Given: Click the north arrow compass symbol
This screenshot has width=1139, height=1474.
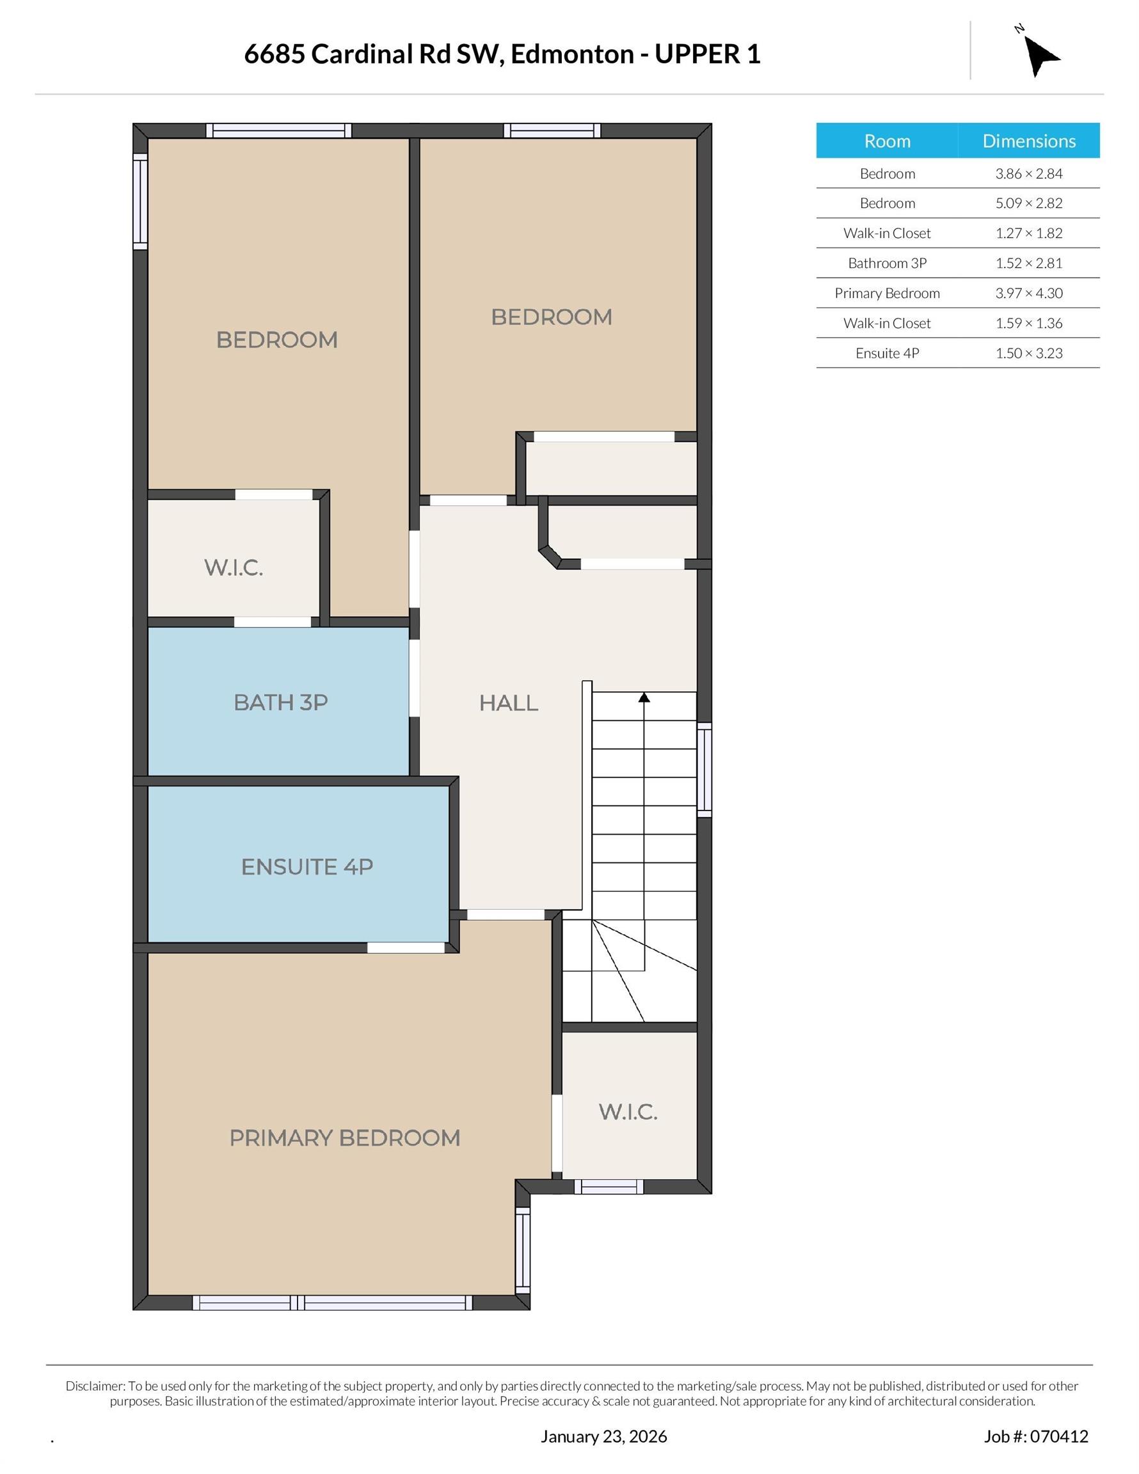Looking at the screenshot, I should click(1040, 56).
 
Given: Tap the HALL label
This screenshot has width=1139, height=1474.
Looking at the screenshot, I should click(509, 703).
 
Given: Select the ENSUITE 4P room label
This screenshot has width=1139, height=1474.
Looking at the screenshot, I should click(307, 867).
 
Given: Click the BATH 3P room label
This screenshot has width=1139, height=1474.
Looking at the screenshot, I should click(281, 702).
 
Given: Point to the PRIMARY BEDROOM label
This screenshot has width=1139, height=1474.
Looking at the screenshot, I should click(344, 1138).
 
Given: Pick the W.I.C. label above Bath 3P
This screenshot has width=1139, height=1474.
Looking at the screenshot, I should click(234, 567).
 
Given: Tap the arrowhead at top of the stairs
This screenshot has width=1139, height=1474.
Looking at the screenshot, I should click(644, 697).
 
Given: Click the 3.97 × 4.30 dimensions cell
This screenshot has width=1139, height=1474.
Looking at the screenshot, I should click(1028, 293).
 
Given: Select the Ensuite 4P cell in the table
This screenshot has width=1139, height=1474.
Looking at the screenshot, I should click(886, 353).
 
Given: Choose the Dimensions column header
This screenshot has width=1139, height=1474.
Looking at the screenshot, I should click(1028, 141).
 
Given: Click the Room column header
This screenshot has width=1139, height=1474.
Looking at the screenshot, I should click(886, 141).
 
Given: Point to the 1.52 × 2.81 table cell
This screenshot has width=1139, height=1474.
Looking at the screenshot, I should click(1028, 263).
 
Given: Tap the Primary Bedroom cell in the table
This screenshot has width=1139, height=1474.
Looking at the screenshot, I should click(886, 293).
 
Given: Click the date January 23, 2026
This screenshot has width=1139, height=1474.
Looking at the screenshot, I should click(603, 1436).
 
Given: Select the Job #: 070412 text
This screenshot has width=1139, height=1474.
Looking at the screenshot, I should click(1036, 1436).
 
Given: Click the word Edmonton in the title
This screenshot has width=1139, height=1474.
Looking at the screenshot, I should click(572, 54).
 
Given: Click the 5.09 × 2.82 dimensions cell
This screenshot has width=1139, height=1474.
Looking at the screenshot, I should click(1028, 203).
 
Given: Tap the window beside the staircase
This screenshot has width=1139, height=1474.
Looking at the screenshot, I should click(704, 770).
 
